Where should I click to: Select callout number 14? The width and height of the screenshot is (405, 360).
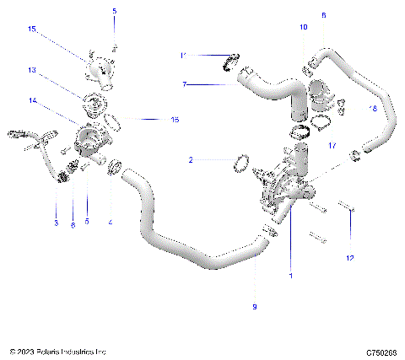33,100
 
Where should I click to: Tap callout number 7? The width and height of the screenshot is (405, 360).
186,84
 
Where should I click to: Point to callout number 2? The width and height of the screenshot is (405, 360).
192,159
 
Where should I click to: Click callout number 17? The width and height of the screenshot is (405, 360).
332,146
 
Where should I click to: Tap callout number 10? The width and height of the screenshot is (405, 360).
304,28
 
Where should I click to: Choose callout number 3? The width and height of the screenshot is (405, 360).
56,223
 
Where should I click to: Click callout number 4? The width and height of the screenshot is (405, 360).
111,223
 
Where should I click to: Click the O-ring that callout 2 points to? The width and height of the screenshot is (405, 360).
239,163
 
